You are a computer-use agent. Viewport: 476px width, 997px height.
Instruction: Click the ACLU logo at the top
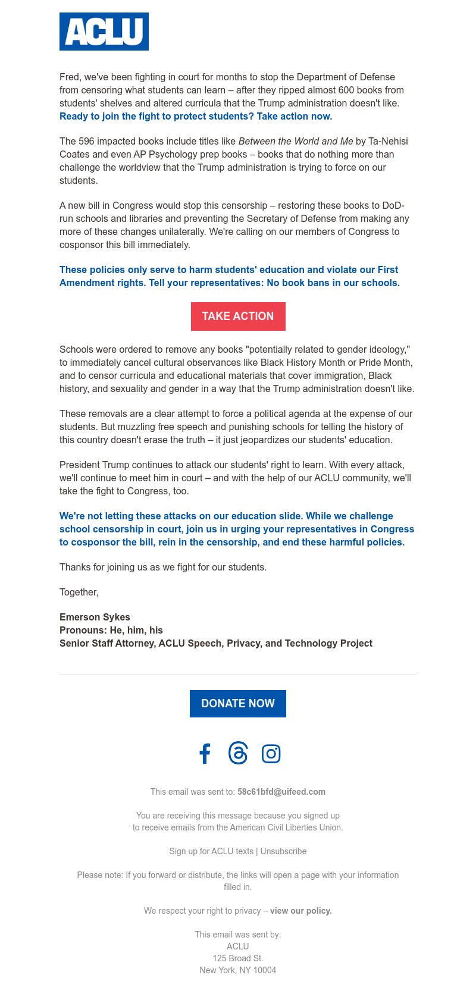(104, 32)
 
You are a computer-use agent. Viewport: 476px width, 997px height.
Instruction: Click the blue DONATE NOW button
(238, 704)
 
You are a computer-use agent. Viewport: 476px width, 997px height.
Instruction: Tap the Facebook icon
(205, 754)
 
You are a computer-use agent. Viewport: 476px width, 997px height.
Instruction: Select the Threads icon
(238, 753)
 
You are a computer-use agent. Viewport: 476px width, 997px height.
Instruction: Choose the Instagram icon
(271, 754)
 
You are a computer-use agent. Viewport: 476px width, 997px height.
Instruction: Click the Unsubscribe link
(283, 851)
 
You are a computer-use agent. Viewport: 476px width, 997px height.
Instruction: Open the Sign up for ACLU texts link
(211, 851)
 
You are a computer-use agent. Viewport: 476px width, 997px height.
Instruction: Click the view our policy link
(301, 911)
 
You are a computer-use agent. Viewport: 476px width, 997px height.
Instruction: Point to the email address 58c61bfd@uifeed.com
(281, 792)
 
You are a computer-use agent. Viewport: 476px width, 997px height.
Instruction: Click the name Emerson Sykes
(95, 617)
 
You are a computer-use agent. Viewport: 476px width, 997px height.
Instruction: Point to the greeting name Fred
(69, 77)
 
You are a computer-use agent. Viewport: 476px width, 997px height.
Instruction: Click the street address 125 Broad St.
(238, 958)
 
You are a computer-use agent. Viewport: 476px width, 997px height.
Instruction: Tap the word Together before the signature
(79, 592)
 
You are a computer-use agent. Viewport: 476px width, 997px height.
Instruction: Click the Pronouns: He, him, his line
(111, 630)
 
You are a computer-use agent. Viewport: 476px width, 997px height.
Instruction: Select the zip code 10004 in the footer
(265, 970)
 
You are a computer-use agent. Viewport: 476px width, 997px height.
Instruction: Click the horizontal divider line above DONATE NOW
(238, 675)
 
